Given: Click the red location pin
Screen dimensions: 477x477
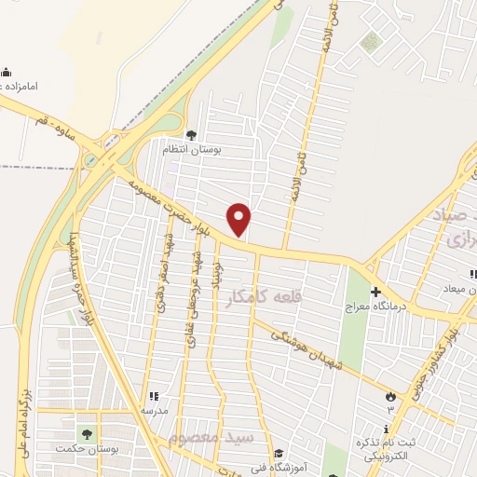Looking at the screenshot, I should [x=239, y=219].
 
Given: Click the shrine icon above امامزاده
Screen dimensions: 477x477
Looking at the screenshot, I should [x=7, y=73].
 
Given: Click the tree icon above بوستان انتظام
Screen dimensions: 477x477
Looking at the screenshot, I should [x=191, y=134].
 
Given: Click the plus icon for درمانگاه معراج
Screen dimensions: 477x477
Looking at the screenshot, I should [x=375, y=291].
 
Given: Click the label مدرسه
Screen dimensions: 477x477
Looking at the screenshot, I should [x=154, y=411].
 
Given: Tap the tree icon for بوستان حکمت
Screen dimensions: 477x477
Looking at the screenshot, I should [x=88, y=433].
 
